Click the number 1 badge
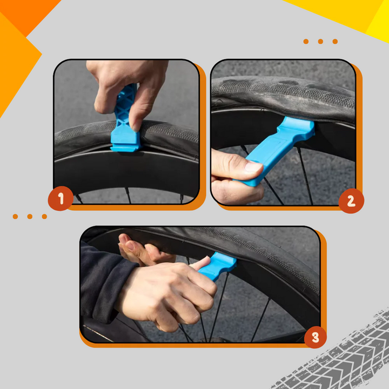tap(61, 199)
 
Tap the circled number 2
tap(351, 201)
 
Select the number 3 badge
tap(316, 338)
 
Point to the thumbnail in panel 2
tap(253, 167)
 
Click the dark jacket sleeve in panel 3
tap(103, 281)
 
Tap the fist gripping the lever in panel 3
tap(167, 292)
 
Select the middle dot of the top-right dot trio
tap(320, 41)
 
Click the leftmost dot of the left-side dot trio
tap(16, 217)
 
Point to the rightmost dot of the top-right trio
tap(335, 41)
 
